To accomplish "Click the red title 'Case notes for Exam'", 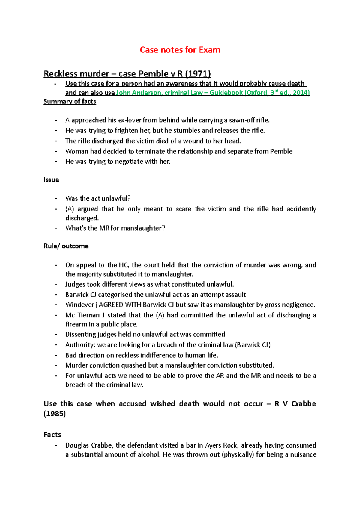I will (x=180, y=50).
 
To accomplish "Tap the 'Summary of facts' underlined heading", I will (x=70, y=102).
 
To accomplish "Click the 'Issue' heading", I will (x=51, y=180).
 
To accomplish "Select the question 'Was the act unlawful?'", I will (x=98, y=198).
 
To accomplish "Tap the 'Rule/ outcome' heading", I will (x=66, y=246).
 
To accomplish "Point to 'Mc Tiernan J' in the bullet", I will (x=85, y=315).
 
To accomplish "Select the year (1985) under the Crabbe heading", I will (x=55, y=414).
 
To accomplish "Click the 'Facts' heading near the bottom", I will (x=52, y=435).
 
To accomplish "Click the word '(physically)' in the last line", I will (x=238, y=455).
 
